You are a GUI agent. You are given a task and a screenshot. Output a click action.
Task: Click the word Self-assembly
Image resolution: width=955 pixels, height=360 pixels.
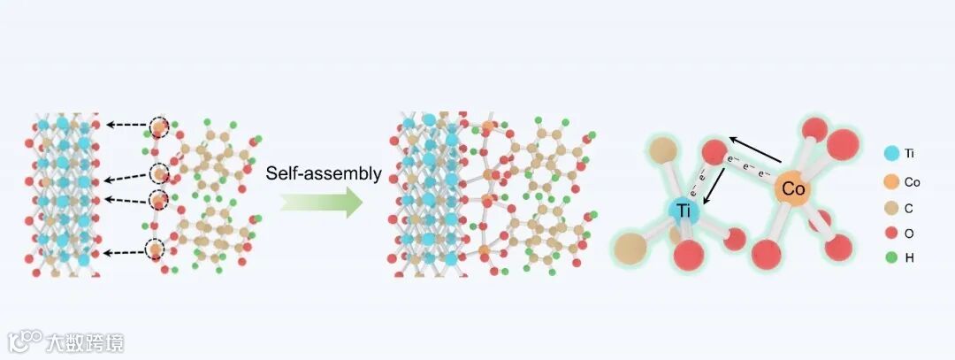[x=324, y=174]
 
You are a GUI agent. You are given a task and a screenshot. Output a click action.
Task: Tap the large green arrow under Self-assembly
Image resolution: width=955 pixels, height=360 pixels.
[x=322, y=203]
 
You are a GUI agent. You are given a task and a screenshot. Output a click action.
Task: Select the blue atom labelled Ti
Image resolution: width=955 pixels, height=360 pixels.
[x=684, y=211]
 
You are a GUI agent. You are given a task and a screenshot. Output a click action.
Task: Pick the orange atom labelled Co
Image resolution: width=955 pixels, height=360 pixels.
[x=793, y=188]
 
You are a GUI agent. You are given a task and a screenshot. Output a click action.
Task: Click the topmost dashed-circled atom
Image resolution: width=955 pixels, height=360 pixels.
[x=157, y=127]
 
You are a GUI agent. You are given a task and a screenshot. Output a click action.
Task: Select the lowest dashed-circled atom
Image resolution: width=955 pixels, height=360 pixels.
[x=157, y=251]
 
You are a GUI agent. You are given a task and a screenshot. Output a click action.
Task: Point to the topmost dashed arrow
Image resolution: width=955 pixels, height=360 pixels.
[x=126, y=126]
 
